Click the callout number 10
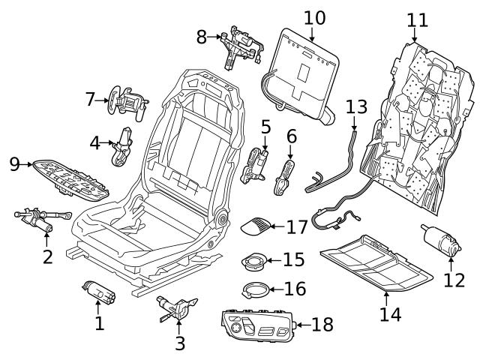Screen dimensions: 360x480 315,16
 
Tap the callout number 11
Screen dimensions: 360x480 416,19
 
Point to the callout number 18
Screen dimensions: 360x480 322,325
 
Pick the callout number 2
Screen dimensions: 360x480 47,256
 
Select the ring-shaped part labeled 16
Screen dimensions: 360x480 256,289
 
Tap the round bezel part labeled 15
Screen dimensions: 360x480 256,262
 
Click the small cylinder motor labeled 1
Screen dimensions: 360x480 98,290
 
